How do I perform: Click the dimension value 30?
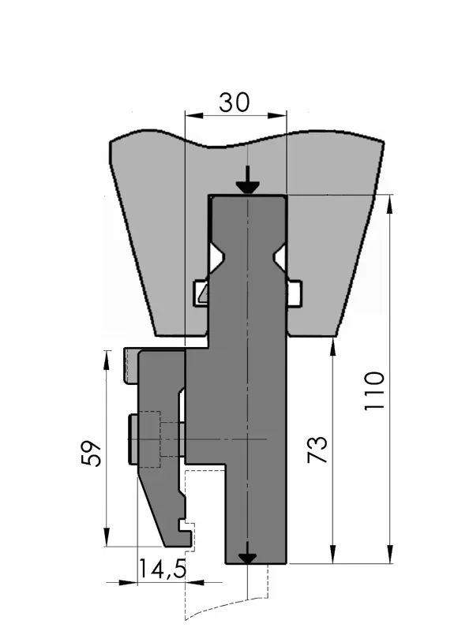234,103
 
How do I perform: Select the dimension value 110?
374,391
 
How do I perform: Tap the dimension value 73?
317,449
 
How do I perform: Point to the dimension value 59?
91,454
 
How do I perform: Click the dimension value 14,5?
163,569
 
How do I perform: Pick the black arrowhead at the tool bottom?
247,558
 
